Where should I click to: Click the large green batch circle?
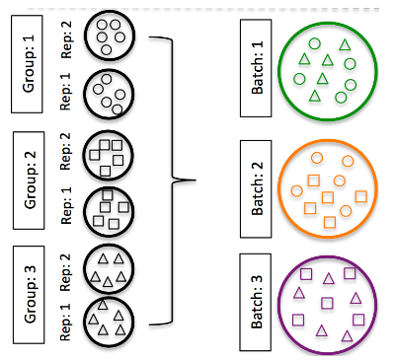click(327, 69)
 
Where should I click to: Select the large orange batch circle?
click(327, 184)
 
